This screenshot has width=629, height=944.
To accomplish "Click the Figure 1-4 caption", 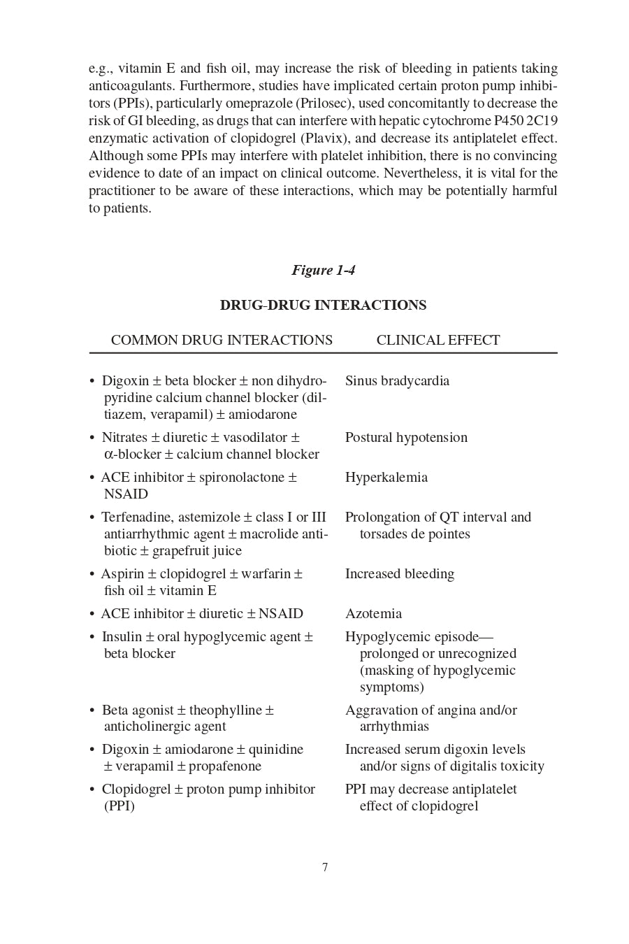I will (x=323, y=270).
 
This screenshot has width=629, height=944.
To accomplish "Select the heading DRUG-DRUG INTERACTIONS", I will (x=323, y=305).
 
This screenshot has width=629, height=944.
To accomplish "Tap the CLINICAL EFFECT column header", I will (x=438, y=340).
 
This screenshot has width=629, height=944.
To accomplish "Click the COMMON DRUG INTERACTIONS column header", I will (x=222, y=340).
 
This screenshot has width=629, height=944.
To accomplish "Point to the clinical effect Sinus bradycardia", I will (x=397, y=380).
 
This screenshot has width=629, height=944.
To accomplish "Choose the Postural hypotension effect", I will (x=406, y=437).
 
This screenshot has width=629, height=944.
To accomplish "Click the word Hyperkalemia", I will (x=386, y=477).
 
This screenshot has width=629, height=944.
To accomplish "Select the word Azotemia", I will (x=373, y=613).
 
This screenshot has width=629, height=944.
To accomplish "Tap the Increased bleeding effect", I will (x=400, y=573).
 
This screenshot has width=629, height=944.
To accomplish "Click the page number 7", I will (x=325, y=867).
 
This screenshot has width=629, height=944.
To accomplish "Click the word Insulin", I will (x=122, y=636).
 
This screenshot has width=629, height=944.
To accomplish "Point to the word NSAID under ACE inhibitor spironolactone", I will (x=126, y=494).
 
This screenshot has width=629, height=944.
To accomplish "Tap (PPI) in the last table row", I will (x=120, y=806).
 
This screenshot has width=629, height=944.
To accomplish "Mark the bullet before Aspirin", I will (x=92, y=574).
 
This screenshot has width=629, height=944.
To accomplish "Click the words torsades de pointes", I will (x=414, y=534).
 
